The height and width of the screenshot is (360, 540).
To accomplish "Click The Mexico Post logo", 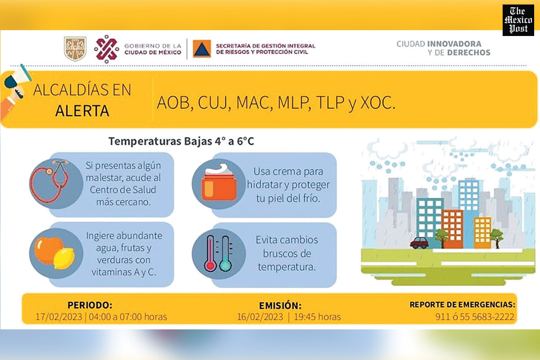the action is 518,20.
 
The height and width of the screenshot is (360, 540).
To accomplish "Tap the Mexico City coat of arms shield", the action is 75,49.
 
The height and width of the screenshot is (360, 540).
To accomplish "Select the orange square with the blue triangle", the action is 202,49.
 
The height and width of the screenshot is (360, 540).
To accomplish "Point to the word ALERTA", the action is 82,111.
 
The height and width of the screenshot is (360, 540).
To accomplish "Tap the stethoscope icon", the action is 50,181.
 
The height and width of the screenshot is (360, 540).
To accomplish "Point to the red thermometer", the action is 210,254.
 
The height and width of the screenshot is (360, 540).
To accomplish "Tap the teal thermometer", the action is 225,254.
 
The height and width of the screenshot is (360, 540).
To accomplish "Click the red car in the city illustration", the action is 419,243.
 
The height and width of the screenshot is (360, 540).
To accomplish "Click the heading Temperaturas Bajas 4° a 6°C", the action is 181,141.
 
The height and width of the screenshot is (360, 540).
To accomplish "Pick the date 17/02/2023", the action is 59,317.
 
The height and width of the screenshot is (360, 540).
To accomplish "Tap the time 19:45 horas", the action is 317,317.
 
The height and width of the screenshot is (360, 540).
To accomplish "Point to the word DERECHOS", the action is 468,53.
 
